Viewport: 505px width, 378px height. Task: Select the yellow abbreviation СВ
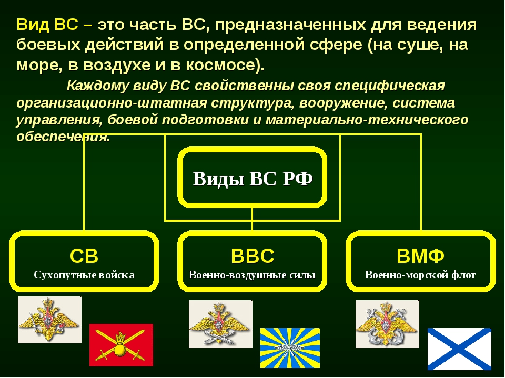tap(84, 256)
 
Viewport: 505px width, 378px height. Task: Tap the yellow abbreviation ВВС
tap(252, 256)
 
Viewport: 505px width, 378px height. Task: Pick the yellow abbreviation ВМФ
tap(420, 256)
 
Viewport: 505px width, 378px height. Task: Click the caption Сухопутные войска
tap(84, 275)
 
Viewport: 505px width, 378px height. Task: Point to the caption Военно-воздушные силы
tap(252, 275)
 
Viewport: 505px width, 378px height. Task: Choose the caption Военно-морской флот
tap(420, 275)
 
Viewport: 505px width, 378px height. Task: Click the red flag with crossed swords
tap(121, 345)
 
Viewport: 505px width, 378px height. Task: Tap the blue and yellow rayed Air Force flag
tap(290, 348)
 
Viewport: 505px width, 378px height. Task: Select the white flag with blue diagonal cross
tap(459, 349)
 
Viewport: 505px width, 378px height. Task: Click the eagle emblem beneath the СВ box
tap(49, 320)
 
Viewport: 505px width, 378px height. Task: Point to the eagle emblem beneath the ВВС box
tap(220, 324)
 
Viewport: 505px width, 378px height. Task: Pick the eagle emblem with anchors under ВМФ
tap(387, 324)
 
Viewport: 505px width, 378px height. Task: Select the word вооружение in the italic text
tap(344, 103)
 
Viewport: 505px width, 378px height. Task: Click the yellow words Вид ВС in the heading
tap(47, 25)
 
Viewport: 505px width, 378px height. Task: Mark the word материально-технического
tap(367, 120)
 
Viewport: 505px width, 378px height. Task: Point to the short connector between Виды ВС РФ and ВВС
tap(252, 220)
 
